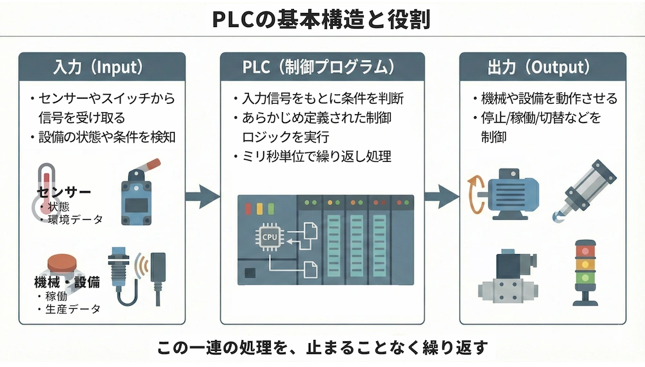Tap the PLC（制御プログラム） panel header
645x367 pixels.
point(322,67)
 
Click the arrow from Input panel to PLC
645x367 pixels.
point(203,196)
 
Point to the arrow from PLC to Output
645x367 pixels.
point(441,196)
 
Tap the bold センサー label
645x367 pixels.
point(63,193)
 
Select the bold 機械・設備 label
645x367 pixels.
point(66,282)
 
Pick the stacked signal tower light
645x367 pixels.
point(585,271)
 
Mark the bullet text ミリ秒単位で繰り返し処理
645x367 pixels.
point(316,157)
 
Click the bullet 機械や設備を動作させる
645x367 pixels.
point(549,99)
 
